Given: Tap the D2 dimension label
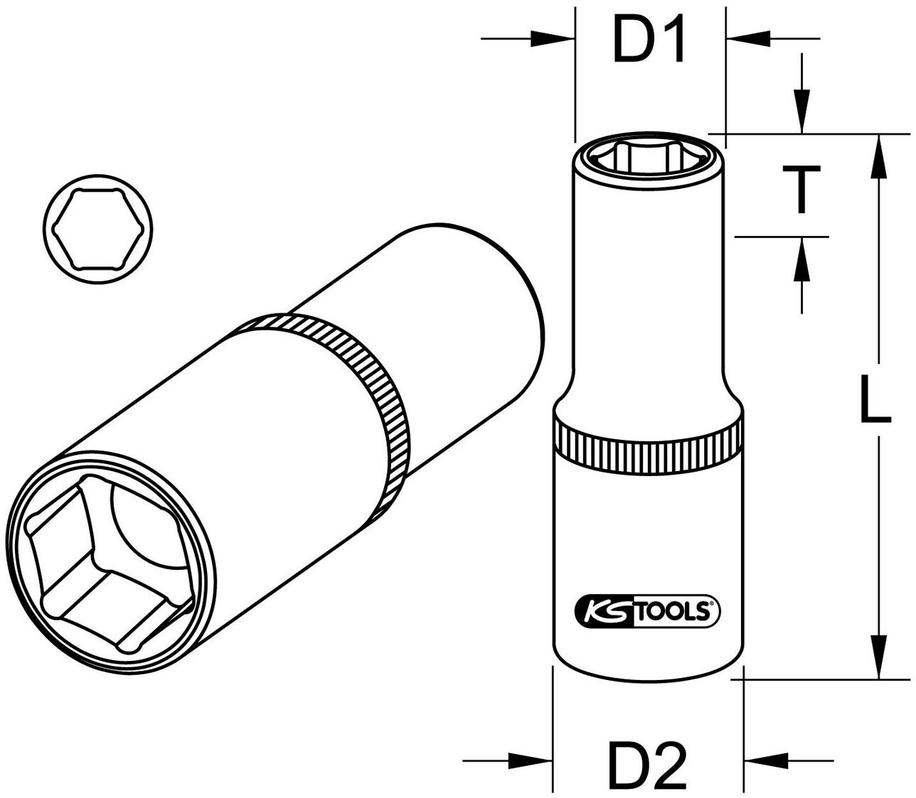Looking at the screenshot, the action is [x=647, y=760].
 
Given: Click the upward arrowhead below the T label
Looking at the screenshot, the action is [x=802, y=256].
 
